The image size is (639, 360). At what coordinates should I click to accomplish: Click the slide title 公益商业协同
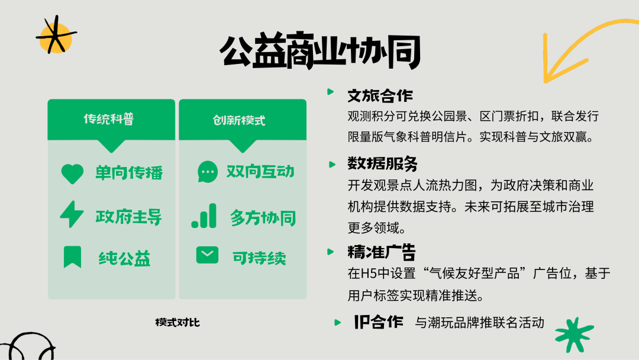[x=320, y=51]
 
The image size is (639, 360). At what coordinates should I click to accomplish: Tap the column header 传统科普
[x=109, y=118]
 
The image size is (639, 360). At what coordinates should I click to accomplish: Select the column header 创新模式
[x=239, y=120]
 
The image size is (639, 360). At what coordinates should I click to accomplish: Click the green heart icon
[x=72, y=173]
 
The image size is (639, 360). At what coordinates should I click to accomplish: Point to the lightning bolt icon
[x=72, y=214]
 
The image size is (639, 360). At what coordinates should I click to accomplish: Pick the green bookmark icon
[x=73, y=257]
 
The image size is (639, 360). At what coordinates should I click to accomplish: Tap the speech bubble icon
[x=208, y=172]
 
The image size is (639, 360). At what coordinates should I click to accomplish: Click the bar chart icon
[x=204, y=216]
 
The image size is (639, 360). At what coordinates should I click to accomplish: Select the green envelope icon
[x=207, y=255]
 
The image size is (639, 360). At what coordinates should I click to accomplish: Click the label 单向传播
[x=129, y=173]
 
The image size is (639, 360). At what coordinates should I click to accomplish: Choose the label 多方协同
[x=263, y=218]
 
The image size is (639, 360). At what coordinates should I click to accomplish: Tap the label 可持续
[x=259, y=258]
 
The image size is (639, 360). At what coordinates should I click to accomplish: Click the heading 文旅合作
[x=380, y=96]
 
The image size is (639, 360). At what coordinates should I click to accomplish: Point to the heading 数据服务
[x=382, y=163]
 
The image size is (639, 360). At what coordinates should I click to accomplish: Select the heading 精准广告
[x=382, y=252]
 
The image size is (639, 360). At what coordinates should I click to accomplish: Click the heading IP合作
[x=379, y=322]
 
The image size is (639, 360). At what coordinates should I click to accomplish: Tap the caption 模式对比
[x=177, y=323]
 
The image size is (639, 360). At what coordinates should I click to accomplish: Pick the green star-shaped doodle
[x=574, y=335]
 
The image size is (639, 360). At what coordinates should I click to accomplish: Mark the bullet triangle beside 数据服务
[x=332, y=164]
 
